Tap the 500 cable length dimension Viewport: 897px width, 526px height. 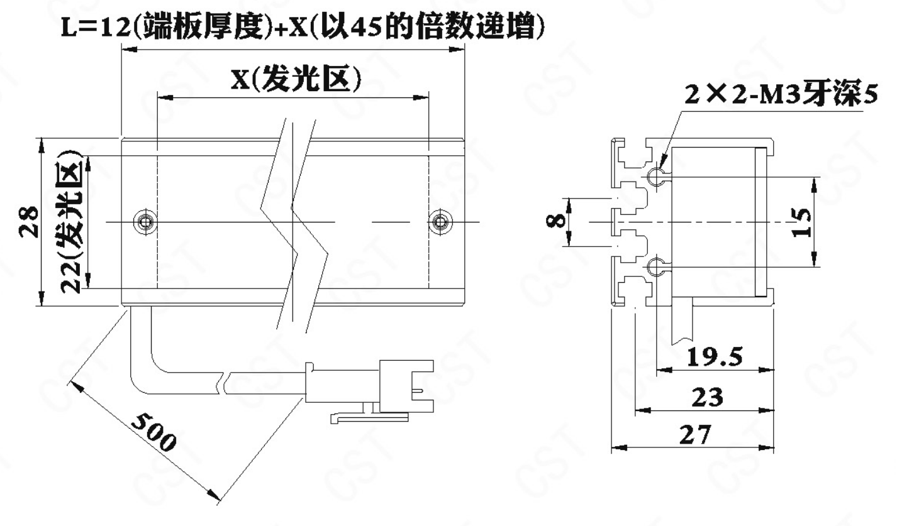[153, 433]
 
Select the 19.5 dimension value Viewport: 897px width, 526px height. [715, 357]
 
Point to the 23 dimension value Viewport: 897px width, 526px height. [708, 397]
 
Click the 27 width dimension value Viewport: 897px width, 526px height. [696, 435]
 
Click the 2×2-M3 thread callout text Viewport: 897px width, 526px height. [781, 95]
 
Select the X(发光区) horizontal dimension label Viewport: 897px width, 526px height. [296, 79]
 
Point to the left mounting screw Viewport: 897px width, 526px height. [145, 221]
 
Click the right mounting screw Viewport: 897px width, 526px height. [441, 221]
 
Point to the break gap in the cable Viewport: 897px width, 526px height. [224, 383]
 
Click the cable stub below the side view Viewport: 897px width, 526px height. [682, 324]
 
